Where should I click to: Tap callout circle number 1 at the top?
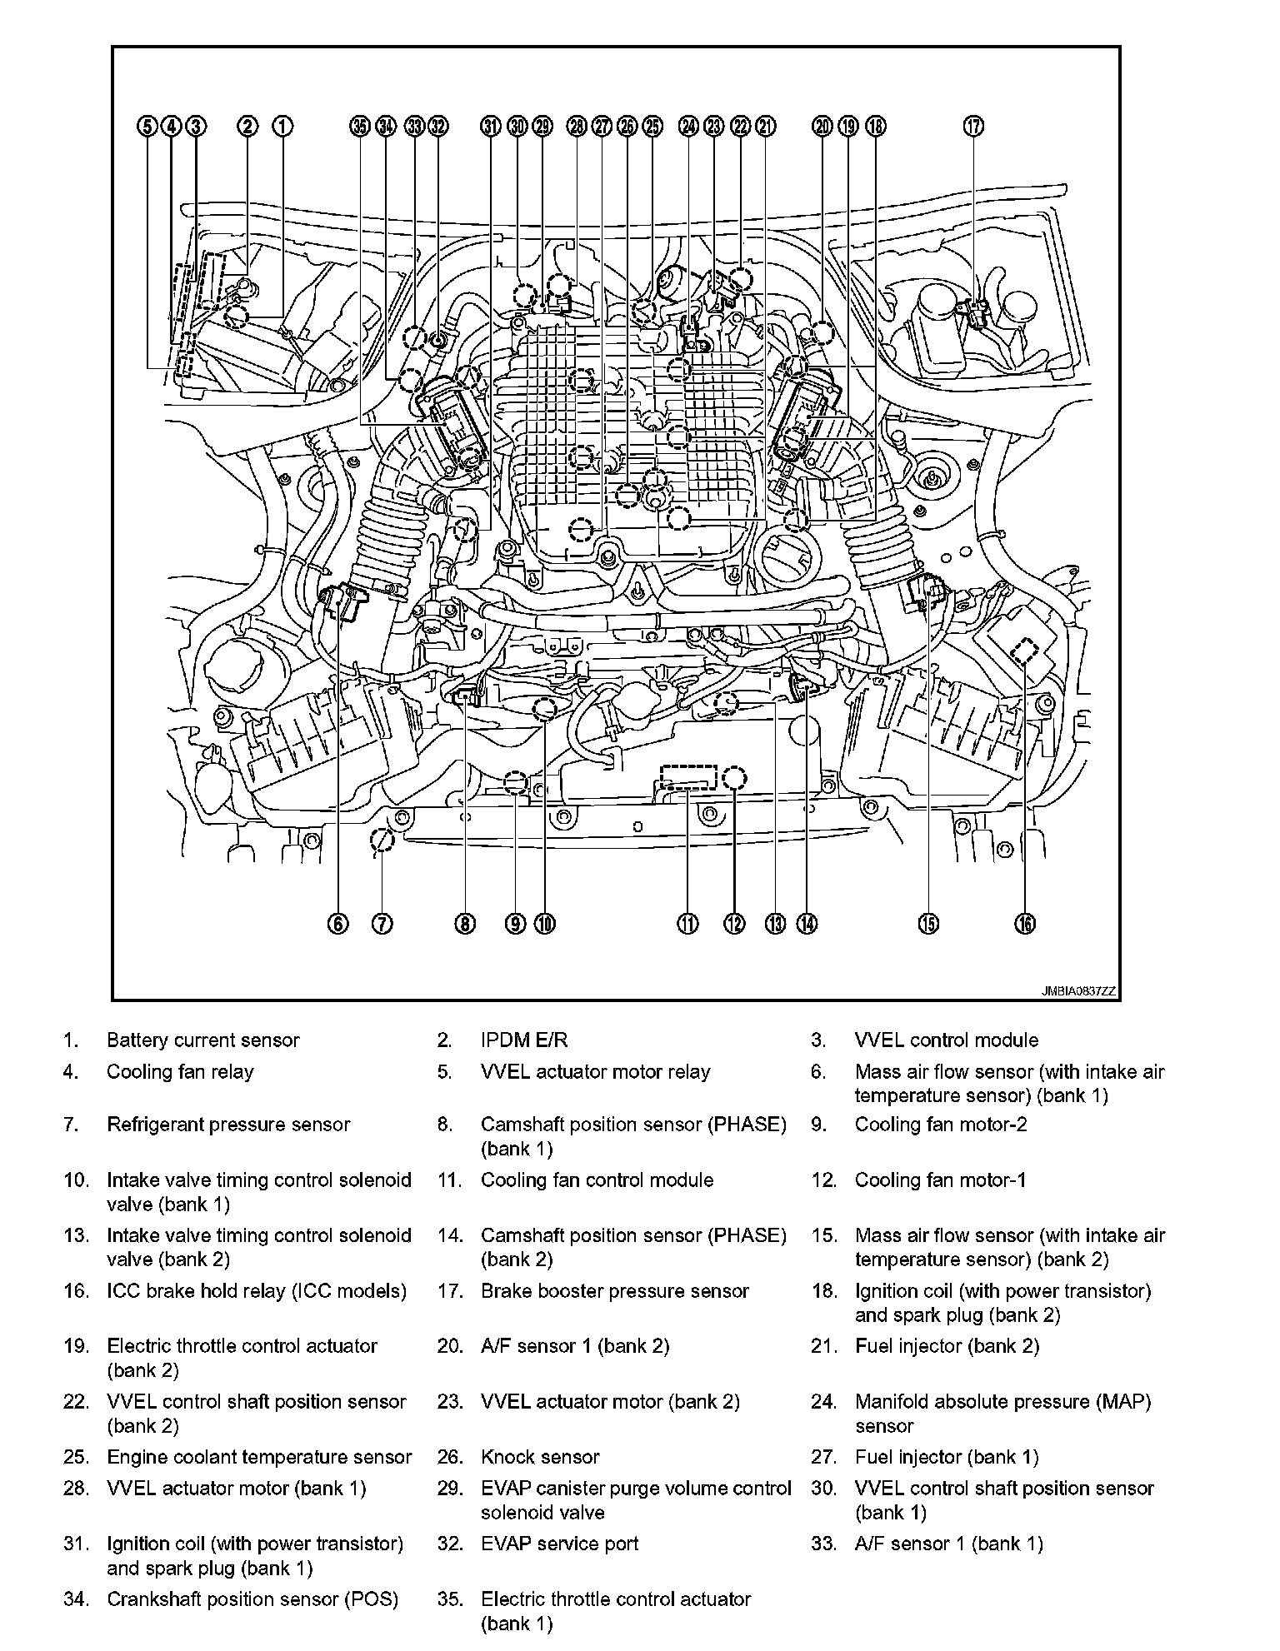click(283, 127)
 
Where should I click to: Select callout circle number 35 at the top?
click(359, 127)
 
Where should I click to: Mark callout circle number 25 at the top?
click(652, 127)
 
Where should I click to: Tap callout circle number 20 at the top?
click(822, 127)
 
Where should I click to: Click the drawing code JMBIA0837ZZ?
click(1077, 991)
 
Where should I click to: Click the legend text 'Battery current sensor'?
click(202, 1040)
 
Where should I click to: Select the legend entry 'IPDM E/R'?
click(524, 1040)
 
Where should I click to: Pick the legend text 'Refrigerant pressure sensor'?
click(228, 1125)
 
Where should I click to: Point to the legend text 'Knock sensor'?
click(540, 1457)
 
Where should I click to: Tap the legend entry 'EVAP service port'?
click(559, 1544)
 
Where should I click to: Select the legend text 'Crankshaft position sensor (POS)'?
click(252, 1599)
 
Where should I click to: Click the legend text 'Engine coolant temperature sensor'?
click(259, 1457)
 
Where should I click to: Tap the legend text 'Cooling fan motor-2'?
click(941, 1125)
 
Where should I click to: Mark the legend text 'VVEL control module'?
click(947, 1040)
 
